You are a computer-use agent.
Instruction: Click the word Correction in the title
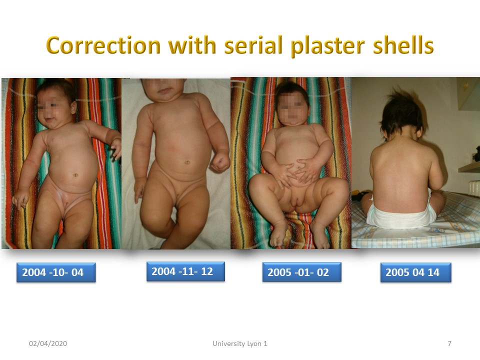pyautogui.click(x=103, y=45)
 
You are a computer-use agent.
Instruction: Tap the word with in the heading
pyautogui.click(x=193, y=45)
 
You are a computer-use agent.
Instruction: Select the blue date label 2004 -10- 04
pyautogui.click(x=56, y=272)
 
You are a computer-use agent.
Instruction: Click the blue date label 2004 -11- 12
pyautogui.click(x=185, y=271)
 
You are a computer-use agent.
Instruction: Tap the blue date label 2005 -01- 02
pyautogui.click(x=302, y=272)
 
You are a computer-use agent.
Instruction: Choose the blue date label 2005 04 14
pyautogui.click(x=415, y=272)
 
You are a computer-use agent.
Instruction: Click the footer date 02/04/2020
pyautogui.click(x=48, y=343)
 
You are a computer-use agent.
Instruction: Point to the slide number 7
pyautogui.click(x=449, y=343)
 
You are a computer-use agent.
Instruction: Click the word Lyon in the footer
pyautogui.click(x=254, y=344)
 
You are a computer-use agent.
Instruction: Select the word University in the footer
pyautogui.click(x=228, y=344)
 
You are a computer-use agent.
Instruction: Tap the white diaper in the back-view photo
pyautogui.click(x=401, y=214)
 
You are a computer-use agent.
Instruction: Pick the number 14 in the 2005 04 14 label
pyautogui.click(x=433, y=272)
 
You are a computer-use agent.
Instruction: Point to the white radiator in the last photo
pyautogui.click(x=474, y=188)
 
